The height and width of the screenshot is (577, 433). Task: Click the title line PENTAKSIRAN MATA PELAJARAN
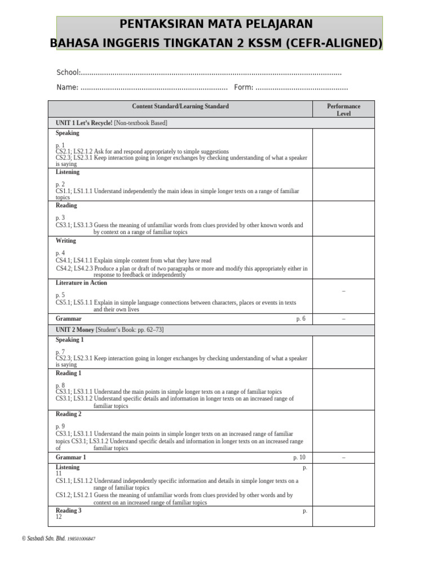216,24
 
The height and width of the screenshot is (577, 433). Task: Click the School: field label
69,73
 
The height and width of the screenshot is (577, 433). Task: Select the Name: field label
67,87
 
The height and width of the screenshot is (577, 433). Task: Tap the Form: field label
244,87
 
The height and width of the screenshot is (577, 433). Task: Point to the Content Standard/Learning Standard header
180,106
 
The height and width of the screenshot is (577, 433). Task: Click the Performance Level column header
343,109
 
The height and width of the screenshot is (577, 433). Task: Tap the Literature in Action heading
81,283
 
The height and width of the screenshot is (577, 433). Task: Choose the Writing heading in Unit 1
65,241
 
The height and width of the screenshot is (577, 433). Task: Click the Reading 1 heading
68,373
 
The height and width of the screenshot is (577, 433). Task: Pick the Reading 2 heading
68,414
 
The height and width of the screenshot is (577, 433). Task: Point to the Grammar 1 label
70,458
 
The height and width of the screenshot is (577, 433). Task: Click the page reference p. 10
299,458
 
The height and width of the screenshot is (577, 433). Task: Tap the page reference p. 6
301,319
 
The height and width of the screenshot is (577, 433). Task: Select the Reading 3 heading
68,511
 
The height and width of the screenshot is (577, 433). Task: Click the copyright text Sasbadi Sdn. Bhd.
46,539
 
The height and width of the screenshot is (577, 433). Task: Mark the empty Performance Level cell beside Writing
343,258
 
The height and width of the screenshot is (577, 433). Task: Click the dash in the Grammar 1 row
343,458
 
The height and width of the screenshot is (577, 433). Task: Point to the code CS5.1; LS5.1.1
74,303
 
